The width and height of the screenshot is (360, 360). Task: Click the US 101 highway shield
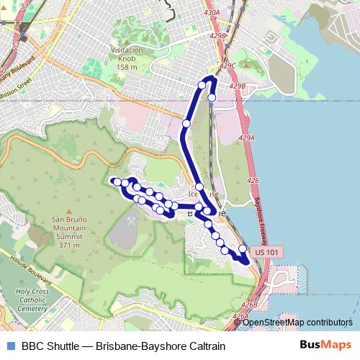coord(270,252)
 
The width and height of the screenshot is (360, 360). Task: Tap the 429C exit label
coord(228,66)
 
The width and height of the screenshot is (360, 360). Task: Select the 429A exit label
coord(246,138)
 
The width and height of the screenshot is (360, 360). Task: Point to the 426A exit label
coord(240,315)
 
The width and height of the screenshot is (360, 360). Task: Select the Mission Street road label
coord(16,90)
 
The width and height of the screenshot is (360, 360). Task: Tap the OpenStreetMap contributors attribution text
coord(297,323)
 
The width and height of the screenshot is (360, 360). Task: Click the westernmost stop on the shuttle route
coord(114,181)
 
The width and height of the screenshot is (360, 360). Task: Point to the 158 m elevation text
coord(126,68)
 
